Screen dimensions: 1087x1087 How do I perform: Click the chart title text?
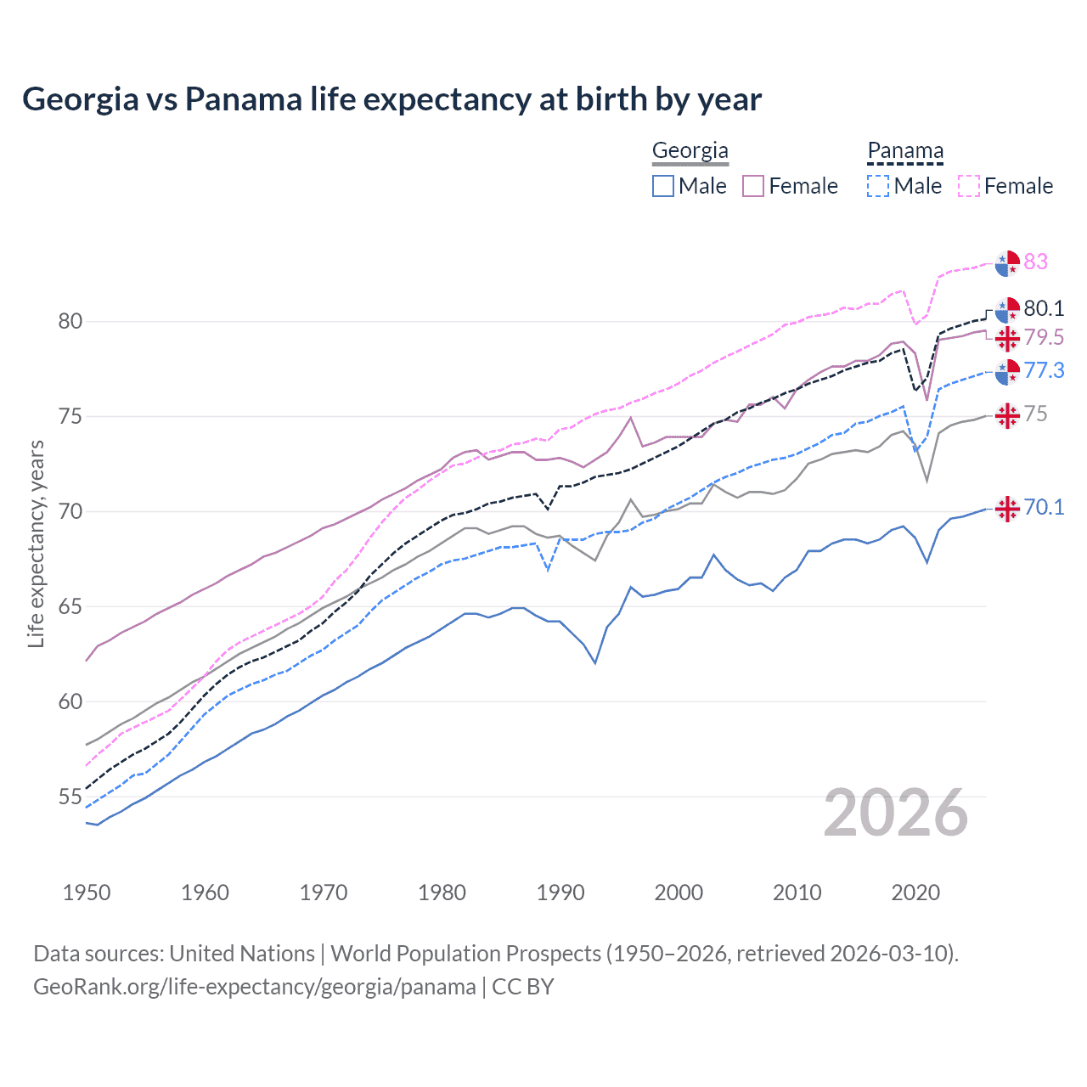pos(391,99)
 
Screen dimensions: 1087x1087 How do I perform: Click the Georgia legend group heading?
pos(690,151)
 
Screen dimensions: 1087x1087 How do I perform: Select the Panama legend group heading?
pos(905,151)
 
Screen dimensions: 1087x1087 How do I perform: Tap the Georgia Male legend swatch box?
pos(663,186)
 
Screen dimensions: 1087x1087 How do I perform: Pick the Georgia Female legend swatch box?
pos(753,186)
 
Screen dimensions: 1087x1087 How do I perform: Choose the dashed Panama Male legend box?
pos(878,186)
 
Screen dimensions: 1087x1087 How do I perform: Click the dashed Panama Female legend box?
pos(969,186)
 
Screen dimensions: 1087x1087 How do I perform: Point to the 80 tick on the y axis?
pos(70,321)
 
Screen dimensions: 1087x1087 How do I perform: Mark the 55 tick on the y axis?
pos(70,797)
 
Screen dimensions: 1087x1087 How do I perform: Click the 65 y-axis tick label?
pos(70,606)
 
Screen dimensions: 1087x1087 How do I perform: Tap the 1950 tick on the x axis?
pos(87,893)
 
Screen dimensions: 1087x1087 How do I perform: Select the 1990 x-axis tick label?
pos(560,893)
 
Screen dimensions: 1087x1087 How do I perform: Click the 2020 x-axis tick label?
pos(915,893)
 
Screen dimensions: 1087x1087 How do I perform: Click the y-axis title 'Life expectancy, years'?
pos(36,543)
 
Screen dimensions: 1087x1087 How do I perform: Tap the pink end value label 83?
pos(1035,262)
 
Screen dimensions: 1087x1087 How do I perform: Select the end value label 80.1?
pos(1044,308)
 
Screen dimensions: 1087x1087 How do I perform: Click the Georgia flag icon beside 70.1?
pos(1007,508)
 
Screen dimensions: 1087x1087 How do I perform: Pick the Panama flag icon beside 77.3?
pos(1007,371)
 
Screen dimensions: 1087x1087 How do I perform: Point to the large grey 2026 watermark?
pos(895,813)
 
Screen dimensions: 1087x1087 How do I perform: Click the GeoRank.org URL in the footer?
pos(255,987)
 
